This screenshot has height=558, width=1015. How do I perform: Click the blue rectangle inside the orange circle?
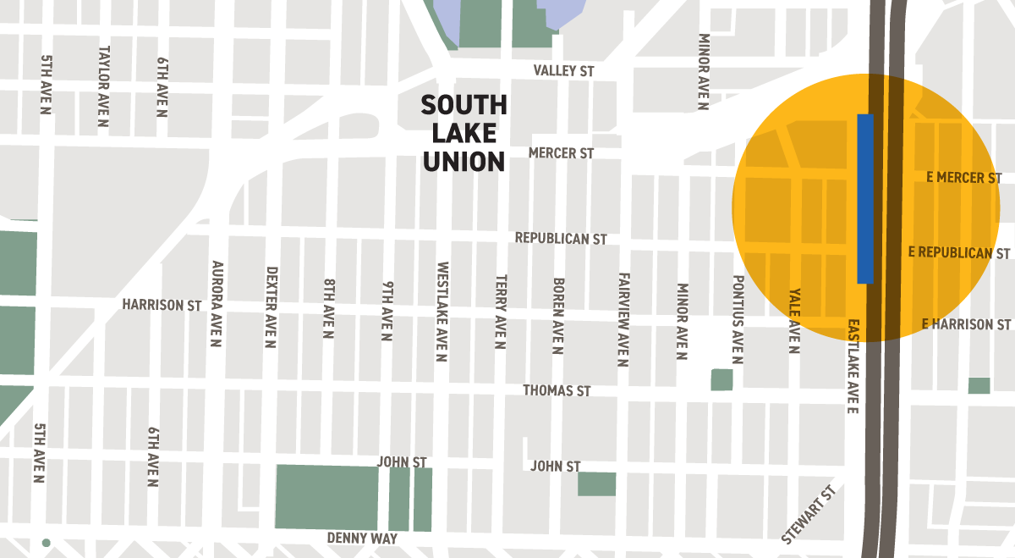(865, 198)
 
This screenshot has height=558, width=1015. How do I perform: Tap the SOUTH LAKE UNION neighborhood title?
(464, 133)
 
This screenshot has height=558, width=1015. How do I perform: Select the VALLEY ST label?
(563, 71)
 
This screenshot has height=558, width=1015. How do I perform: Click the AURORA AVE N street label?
(216, 304)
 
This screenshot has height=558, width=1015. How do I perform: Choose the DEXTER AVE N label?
(272, 307)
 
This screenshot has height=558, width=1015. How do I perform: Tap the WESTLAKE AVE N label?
(442, 311)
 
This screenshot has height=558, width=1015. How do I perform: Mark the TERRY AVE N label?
(501, 312)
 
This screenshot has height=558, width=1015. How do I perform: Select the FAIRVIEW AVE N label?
(623, 319)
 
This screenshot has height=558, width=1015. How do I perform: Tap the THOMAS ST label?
(557, 390)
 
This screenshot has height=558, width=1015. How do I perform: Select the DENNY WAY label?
(362, 539)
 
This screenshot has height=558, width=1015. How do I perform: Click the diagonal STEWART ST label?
(809, 515)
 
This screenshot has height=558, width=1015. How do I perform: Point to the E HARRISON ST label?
(966, 324)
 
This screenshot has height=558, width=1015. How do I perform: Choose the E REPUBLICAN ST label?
(959, 253)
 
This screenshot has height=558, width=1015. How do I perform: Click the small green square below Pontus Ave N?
(721, 379)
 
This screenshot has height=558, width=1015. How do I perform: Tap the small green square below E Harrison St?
(979, 385)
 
